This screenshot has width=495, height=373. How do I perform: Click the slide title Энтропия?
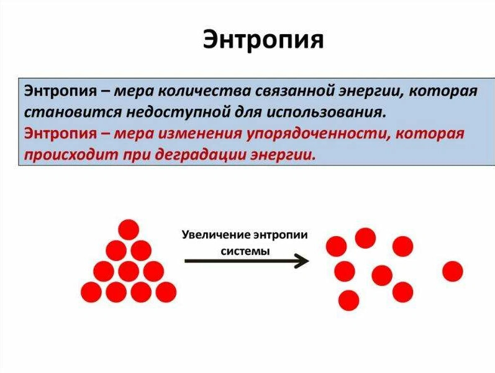[263, 40]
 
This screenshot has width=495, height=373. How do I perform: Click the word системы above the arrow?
[246, 251]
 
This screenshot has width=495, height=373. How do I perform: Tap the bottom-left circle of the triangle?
[91, 292]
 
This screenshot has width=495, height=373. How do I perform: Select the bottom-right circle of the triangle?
[166, 292]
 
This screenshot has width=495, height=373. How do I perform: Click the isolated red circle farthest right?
[452, 271]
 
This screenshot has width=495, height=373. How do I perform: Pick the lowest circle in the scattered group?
[349, 301]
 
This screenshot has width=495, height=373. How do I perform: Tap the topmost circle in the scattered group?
[365, 237]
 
